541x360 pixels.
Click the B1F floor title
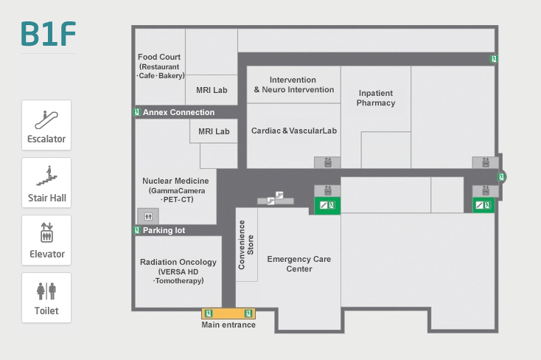coord(49,35)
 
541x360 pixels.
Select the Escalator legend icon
coord(46,118)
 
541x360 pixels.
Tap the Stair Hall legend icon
coord(46,176)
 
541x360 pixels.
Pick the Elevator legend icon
coord(46,232)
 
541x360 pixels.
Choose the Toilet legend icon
coord(46,291)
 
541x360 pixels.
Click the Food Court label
coord(159,57)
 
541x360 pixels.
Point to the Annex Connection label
coord(178,112)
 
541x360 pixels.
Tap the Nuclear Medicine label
coord(175,181)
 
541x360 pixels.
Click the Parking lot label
coord(164,230)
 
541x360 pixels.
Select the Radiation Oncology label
coord(178,262)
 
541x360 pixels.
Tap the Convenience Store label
coord(246,240)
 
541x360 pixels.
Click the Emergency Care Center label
coord(299,264)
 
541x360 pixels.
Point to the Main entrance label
coord(228,325)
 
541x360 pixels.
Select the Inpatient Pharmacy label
coord(376,98)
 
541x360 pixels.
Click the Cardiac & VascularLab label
coord(293,131)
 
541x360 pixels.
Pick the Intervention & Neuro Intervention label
coord(293,85)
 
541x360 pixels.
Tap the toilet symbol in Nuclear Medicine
coord(148,216)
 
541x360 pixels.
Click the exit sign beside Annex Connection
coord(137,112)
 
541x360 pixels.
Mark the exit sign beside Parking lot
coord(137,230)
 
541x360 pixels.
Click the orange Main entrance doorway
coord(228,313)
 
